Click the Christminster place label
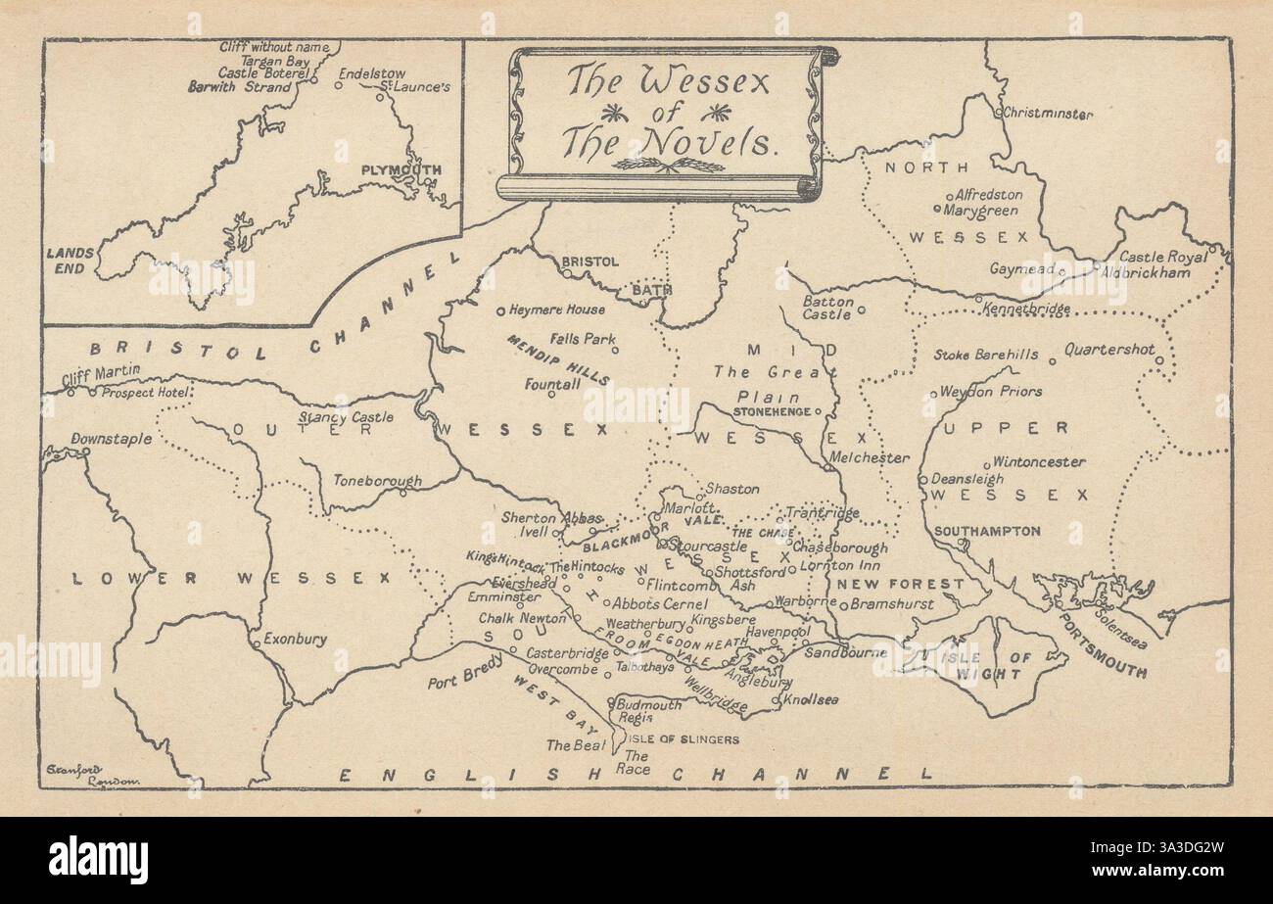coord(1049,114)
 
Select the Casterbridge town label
coord(568,653)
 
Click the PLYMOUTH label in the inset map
coord(401,169)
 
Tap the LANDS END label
coord(71,260)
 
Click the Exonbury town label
coord(295,640)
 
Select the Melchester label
coord(869,457)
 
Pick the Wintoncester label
coord(1039,461)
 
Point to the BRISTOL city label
coord(589,262)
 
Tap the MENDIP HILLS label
coord(558,358)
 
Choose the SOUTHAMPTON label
coord(987,531)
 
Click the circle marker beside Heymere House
coord(500,310)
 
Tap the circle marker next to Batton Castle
coord(862,309)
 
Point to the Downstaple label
coord(112,439)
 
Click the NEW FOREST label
coord(885,584)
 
